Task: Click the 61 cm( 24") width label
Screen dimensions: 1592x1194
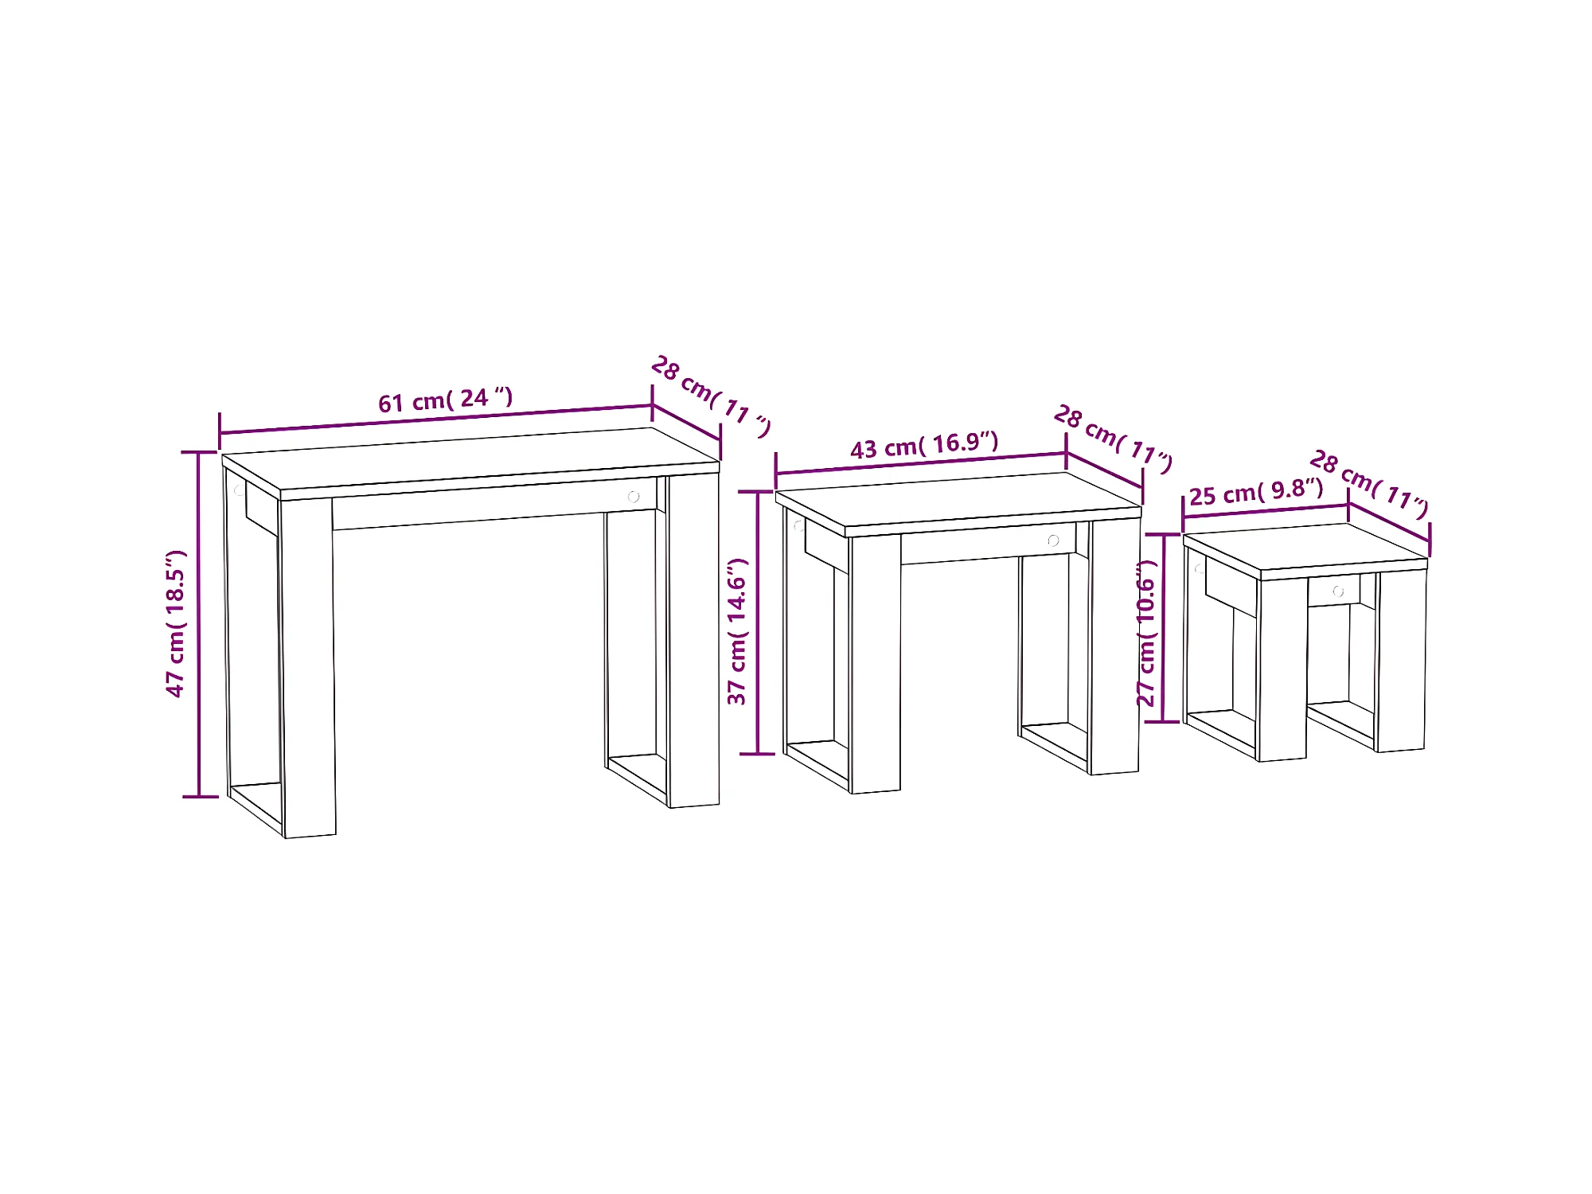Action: [x=446, y=400]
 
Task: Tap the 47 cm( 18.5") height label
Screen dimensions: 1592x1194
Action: [x=175, y=623]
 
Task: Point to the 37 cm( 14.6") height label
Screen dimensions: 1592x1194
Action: [x=737, y=631]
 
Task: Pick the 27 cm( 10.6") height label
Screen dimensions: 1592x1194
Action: [x=1145, y=633]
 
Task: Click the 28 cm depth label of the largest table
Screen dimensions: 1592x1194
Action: [x=711, y=396]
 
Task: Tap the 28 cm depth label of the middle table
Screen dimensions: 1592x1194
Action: [x=1113, y=439]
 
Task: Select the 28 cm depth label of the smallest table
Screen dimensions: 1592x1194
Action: [x=1369, y=484]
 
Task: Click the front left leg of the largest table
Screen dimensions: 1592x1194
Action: [x=309, y=667]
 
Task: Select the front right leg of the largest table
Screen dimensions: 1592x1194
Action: [x=694, y=640]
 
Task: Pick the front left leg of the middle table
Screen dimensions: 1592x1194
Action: [x=876, y=664]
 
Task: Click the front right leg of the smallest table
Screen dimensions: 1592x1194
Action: [x=1401, y=661]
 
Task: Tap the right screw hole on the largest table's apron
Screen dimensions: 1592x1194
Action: [x=634, y=497]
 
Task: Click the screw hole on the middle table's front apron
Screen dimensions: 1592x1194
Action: [x=1053, y=540]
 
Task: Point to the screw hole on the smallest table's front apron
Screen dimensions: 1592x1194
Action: [x=1338, y=591]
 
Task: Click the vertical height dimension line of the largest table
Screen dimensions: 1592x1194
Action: [x=200, y=624]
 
